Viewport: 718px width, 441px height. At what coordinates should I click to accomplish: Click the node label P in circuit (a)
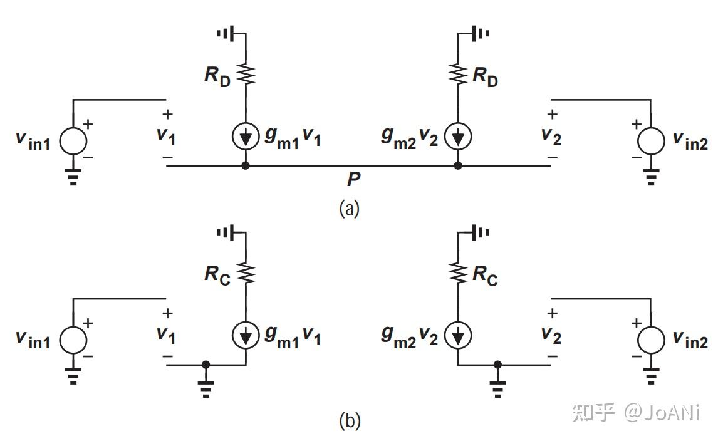[354, 180]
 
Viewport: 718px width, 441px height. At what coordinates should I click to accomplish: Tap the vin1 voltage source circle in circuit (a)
[73, 142]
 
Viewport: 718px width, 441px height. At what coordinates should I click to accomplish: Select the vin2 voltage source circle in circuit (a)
[651, 142]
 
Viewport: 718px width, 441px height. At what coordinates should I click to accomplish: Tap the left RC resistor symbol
[246, 273]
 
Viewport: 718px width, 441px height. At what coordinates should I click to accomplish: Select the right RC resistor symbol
[458, 273]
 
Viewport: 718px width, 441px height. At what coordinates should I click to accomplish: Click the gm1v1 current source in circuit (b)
[246, 336]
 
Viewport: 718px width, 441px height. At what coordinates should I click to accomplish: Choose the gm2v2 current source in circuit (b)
[458, 336]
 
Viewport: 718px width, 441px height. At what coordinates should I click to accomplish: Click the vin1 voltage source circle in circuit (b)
[73, 340]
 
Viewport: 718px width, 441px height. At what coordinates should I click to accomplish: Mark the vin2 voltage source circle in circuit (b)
[651, 340]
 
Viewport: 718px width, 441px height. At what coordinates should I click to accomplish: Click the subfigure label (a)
[349, 208]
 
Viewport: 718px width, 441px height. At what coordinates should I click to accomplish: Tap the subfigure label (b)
[349, 421]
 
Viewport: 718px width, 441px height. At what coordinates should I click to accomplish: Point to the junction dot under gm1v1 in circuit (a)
[246, 166]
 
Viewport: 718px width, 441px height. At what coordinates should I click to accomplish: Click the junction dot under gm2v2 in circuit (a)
[458, 166]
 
